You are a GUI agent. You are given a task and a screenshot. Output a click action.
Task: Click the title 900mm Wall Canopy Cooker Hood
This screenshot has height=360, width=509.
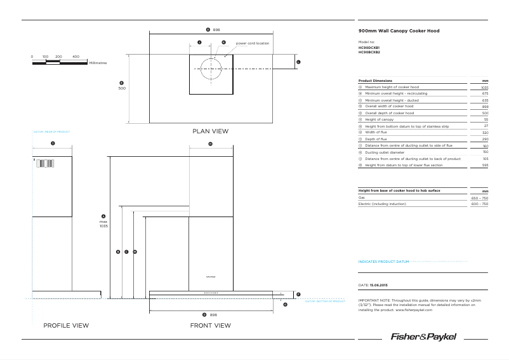point(399,30)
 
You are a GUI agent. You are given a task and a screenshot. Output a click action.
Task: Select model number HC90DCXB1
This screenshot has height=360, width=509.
point(369,48)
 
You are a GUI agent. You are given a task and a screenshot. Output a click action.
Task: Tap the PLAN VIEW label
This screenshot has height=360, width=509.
point(210,131)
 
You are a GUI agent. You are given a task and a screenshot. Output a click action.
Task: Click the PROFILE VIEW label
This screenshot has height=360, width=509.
point(66,326)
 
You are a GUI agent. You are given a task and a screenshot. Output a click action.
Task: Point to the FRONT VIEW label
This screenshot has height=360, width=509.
point(210,326)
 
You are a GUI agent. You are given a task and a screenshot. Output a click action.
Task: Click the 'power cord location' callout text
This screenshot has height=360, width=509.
point(253,43)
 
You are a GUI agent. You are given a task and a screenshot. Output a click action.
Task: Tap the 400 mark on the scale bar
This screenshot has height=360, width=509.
point(76,57)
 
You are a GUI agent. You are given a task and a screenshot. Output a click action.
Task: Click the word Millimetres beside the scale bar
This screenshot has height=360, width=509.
point(98,63)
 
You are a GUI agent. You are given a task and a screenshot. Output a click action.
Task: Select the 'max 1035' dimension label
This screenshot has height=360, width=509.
point(103,223)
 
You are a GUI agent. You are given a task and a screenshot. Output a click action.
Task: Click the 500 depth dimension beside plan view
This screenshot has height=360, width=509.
point(122,88)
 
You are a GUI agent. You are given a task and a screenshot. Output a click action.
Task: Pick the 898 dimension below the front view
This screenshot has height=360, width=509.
point(213,315)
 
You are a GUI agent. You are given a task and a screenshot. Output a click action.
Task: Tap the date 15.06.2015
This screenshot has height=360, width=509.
point(381,285)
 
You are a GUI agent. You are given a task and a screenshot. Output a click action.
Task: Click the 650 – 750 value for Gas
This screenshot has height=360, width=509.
point(479,198)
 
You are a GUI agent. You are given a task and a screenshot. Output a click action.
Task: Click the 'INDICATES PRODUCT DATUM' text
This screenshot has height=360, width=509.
point(384,261)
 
